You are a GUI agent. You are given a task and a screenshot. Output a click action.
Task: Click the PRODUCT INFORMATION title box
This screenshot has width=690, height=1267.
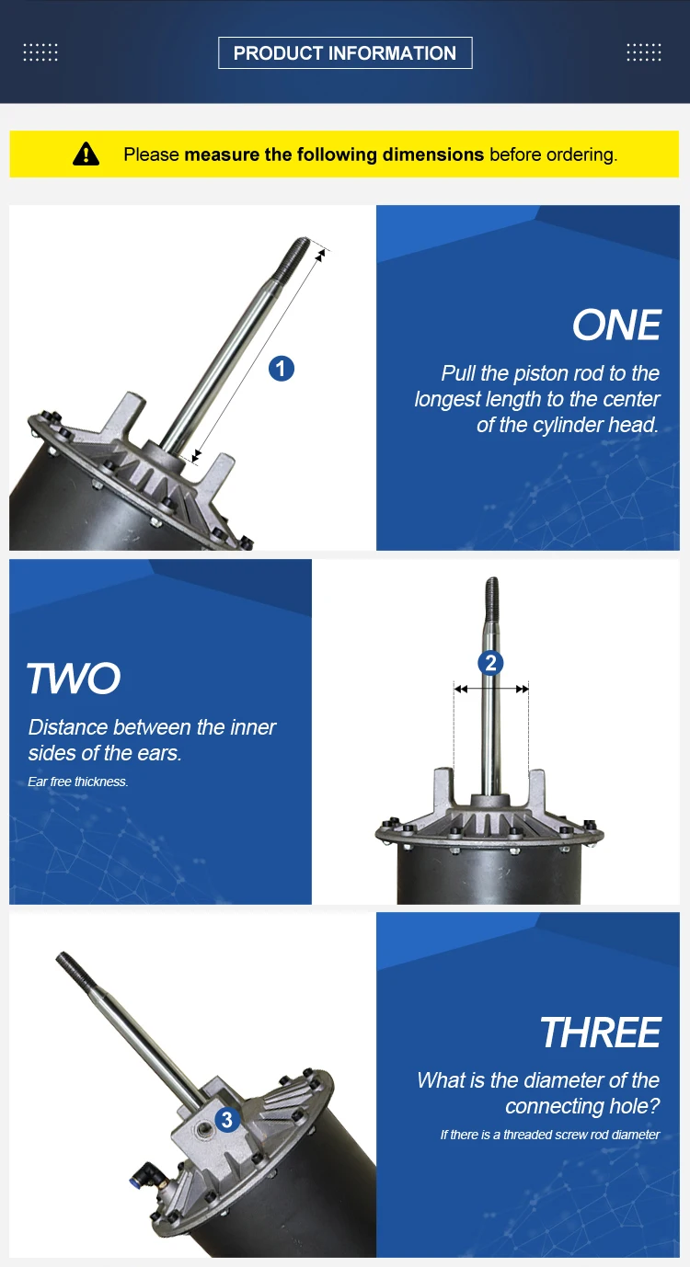click(345, 53)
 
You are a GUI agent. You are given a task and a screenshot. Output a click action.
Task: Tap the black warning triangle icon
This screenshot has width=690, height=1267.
click(86, 154)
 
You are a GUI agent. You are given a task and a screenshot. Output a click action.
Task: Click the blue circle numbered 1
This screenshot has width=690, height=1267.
click(282, 369)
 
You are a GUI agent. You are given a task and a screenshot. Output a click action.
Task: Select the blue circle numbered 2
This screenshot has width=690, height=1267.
click(490, 663)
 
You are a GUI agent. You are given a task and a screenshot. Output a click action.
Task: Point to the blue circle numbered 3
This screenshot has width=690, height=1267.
click(227, 1120)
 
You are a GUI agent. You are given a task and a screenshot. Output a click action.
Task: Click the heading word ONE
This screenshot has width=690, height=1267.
click(616, 325)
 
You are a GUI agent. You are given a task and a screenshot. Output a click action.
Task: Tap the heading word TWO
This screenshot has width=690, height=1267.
click(74, 679)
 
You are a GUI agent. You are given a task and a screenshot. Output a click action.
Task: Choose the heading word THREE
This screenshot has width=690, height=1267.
click(601, 1033)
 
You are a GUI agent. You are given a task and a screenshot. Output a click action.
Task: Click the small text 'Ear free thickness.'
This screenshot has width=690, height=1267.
click(78, 782)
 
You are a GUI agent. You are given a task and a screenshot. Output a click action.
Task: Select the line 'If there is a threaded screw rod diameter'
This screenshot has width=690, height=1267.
click(550, 1135)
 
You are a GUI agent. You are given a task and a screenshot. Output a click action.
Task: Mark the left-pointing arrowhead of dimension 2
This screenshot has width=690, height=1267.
click(461, 689)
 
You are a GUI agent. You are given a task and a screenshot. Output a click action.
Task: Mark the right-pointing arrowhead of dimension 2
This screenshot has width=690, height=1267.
click(522, 689)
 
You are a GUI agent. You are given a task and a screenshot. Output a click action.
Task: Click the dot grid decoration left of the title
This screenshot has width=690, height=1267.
click(40, 52)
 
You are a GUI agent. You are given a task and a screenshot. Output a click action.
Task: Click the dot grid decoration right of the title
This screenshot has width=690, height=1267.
click(644, 52)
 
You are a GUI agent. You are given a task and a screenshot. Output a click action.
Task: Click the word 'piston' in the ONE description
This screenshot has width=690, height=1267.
click(541, 374)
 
